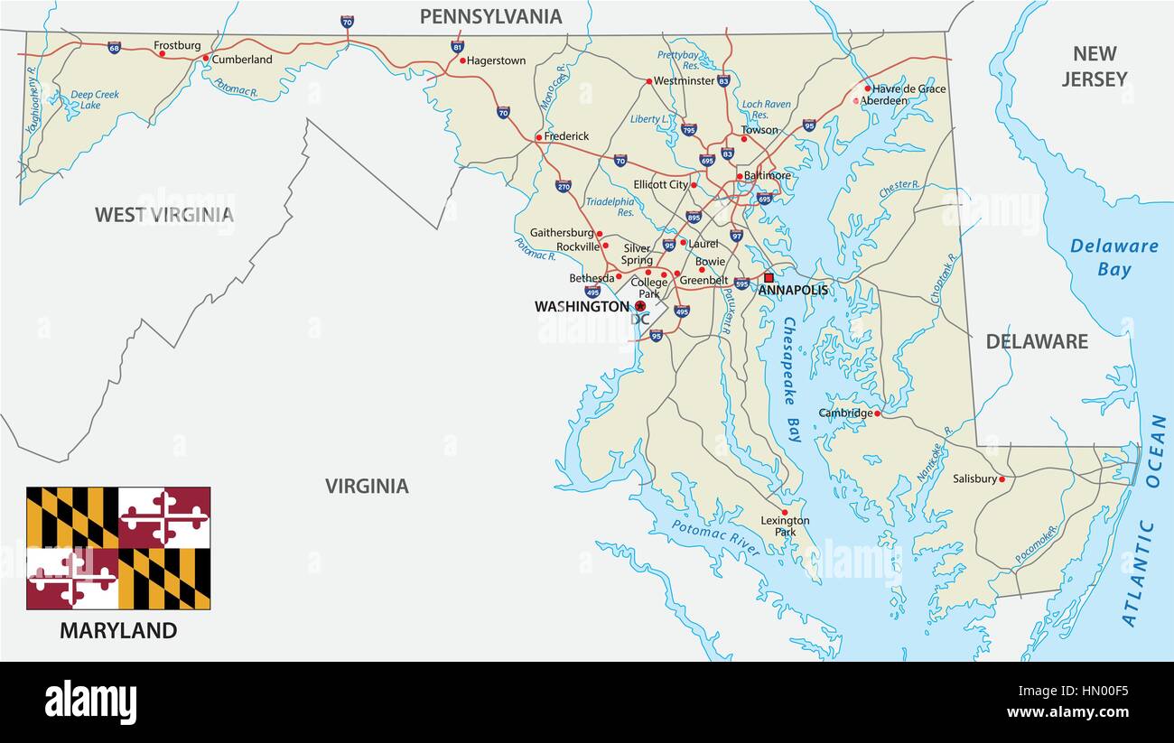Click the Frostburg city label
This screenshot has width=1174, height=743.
177,45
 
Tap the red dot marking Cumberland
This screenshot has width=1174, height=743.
206,59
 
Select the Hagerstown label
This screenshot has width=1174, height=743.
497,60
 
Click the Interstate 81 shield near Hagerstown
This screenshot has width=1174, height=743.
458,45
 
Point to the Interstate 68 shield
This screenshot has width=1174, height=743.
114,48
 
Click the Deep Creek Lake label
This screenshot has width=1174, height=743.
95,100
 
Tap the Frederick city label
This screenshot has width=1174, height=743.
566,136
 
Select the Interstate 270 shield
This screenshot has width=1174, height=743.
563,186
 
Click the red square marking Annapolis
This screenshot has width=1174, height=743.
769,278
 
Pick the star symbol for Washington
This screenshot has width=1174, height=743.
640,307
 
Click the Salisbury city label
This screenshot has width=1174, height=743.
974,478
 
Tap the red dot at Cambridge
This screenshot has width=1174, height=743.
877,413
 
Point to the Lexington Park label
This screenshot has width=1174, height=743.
785,526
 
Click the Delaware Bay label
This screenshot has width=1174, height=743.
1113,257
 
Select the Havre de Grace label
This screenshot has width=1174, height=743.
908,88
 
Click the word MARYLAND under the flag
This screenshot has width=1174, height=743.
118,631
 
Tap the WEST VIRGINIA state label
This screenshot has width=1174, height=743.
164,215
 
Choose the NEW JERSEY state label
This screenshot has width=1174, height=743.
1094,66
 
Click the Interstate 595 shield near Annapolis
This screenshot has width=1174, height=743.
741,283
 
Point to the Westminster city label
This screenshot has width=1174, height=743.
684,80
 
